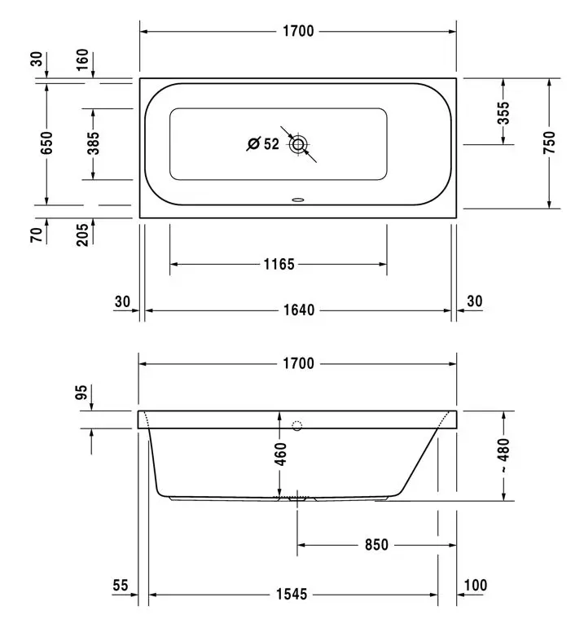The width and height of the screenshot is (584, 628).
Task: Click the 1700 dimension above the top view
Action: pyautogui.click(x=298, y=31)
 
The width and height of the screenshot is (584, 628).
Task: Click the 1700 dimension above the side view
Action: pyautogui.click(x=298, y=363)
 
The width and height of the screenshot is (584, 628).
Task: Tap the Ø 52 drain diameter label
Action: pyautogui.click(x=262, y=144)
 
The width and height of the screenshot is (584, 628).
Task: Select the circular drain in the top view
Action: pyautogui.click(x=298, y=144)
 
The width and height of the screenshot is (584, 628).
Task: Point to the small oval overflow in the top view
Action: pyautogui.click(x=298, y=199)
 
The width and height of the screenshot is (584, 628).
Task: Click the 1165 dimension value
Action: pyautogui.click(x=279, y=265)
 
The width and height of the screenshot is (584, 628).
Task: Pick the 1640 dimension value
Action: pyautogui.click(x=299, y=310)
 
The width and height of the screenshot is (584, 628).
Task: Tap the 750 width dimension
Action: pyautogui.click(x=550, y=143)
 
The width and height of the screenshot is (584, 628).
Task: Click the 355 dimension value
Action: pyautogui.click(x=503, y=113)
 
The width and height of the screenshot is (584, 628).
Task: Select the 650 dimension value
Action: pyautogui.click(x=46, y=143)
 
